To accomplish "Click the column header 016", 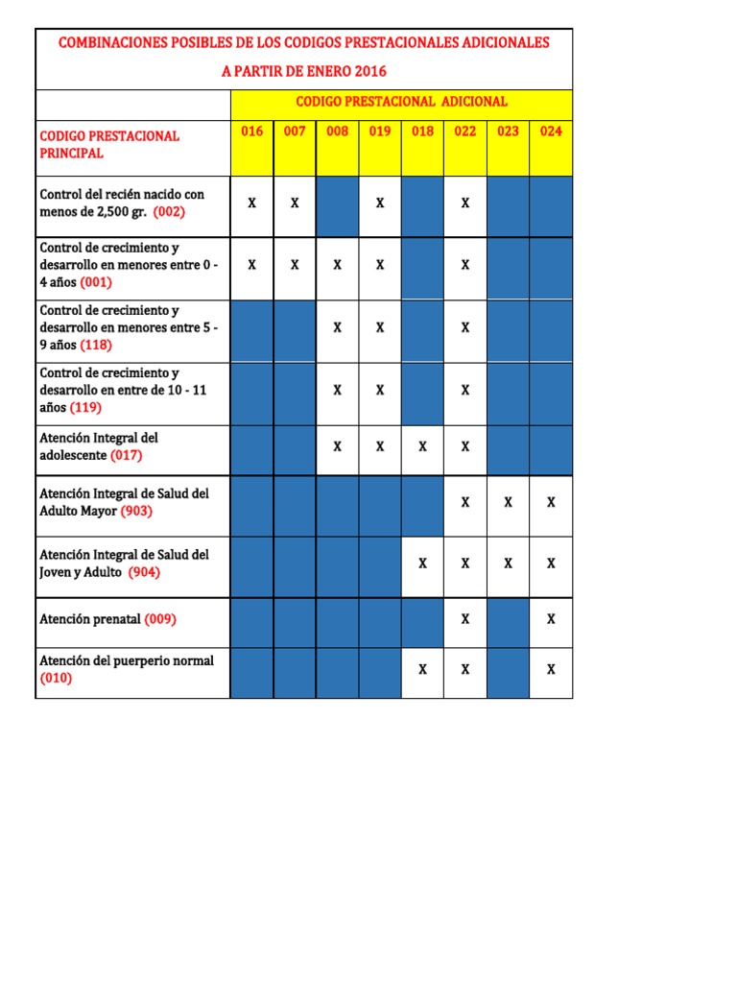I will click(x=251, y=132).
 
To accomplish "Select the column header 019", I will click(x=380, y=132).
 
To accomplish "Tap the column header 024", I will click(x=551, y=132).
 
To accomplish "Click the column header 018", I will click(x=422, y=132).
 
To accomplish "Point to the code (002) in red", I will click(x=169, y=212).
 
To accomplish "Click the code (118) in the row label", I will click(x=96, y=345).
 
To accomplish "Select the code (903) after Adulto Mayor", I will click(x=136, y=511).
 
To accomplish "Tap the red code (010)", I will click(x=56, y=678).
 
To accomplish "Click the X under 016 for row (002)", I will click(x=252, y=204).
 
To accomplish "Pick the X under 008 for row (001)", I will click(x=338, y=265).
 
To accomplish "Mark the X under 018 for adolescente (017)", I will click(x=422, y=446).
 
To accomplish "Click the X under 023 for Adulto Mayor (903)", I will click(x=508, y=502).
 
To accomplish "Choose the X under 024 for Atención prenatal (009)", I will click(x=551, y=619).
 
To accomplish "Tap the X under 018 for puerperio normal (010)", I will click(x=422, y=669).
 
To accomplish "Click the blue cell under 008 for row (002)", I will click(x=338, y=205).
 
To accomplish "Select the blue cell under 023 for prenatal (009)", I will click(x=508, y=622).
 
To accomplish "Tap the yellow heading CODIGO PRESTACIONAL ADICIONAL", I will click(x=401, y=102).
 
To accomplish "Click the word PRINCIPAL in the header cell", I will click(x=72, y=153).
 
